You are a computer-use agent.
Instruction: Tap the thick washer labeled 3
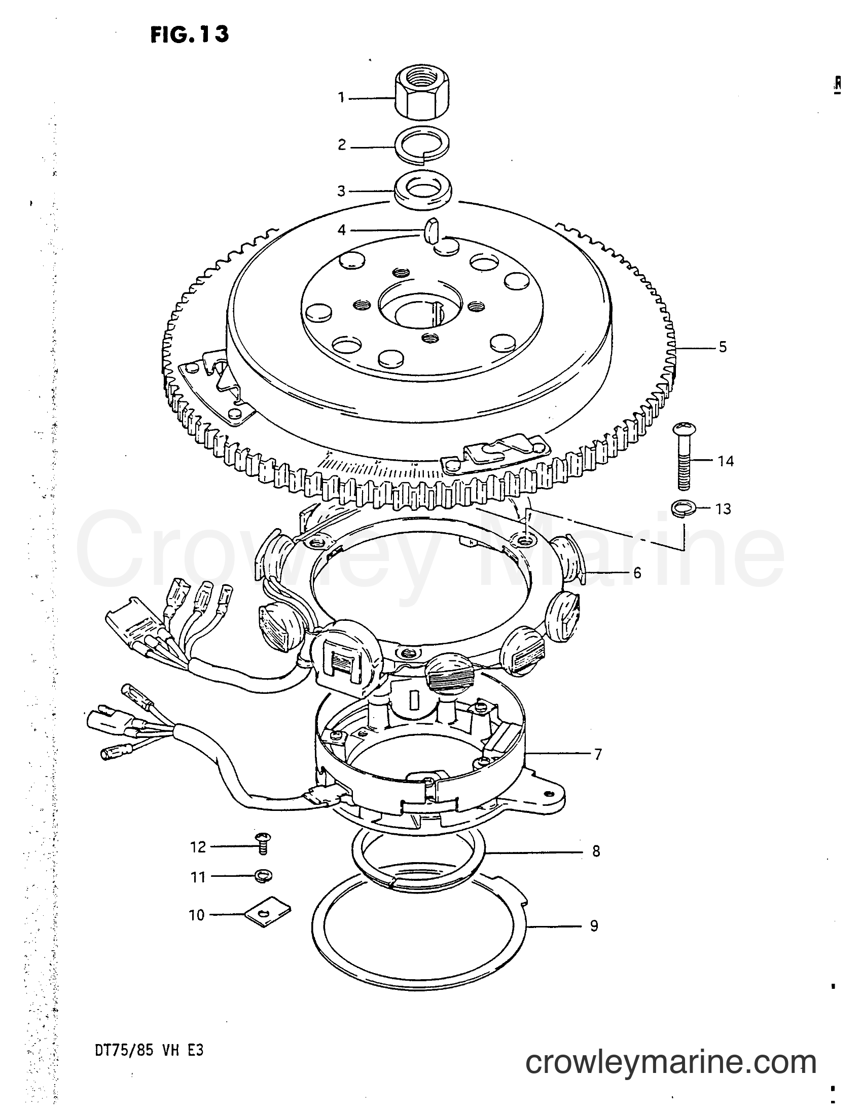point(424,191)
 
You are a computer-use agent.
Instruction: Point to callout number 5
point(723,347)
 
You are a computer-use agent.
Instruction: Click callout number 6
point(637,573)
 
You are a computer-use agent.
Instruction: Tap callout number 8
point(596,851)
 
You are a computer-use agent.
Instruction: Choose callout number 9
point(594,926)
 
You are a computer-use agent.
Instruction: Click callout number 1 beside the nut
point(342,97)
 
